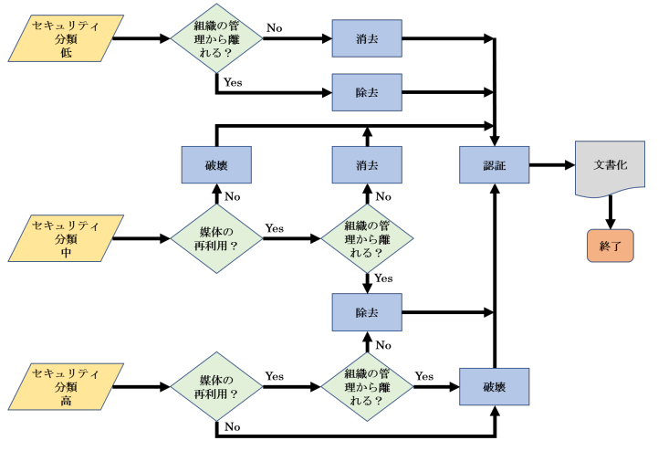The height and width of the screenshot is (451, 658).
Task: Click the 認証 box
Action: [494, 166]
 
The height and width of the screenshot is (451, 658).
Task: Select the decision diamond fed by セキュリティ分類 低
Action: [216, 39]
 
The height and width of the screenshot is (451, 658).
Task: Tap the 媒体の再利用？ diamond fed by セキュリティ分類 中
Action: [216, 239]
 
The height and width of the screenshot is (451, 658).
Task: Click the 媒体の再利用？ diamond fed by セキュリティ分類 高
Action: [216, 386]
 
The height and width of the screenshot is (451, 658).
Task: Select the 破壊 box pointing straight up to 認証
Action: [494, 386]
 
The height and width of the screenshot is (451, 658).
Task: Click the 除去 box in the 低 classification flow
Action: [367, 92]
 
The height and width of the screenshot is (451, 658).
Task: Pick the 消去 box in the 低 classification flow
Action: [367, 39]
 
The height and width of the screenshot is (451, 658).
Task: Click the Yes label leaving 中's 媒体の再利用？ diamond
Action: [274, 227]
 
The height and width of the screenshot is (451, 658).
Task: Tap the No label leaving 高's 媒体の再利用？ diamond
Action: [233, 426]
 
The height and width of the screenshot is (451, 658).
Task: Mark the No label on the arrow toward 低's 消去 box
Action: [274, 28]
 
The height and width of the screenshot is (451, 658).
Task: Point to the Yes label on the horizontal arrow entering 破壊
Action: [423, 375]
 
